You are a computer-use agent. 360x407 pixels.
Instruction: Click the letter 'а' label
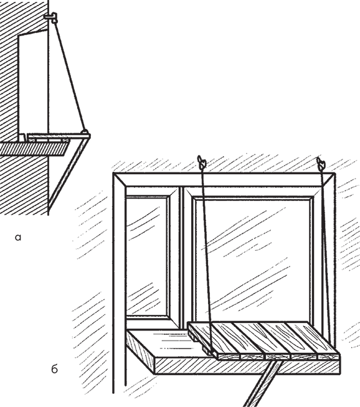pyautogui.click(x=17, y=238)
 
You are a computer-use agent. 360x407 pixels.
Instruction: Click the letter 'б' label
pyautogui.click(x=54, y=369)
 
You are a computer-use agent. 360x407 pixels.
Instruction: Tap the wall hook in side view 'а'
pyautogui.click(x=51, y=17)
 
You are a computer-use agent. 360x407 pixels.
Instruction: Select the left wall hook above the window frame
pyautogui.click(x=201, y=162)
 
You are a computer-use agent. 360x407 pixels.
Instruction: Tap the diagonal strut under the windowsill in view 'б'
pyautogui.click(x=262, y=385)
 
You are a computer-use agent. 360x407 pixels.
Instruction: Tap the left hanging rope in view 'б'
pyautogui.click(x=207, y=260)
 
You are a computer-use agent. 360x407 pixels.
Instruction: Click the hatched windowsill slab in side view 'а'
pyautogui.click(x=34, y=149)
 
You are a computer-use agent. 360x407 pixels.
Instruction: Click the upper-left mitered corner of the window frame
pyautogui.click(x=120, y=180)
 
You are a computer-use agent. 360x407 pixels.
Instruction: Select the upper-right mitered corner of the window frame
pyautogui.click(x=328, y=180)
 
